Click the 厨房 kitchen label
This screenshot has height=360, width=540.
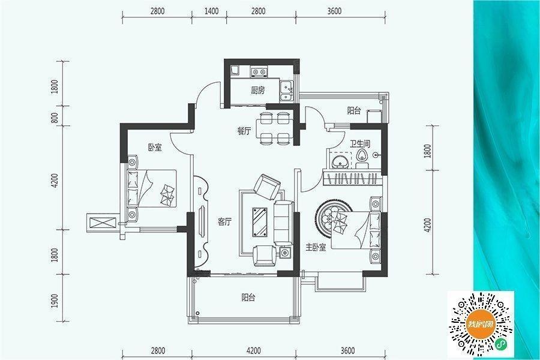(x=257, y=91)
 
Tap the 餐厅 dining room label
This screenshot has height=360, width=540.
(x=244, y=131)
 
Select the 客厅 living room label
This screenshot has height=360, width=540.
(x=224, y=222)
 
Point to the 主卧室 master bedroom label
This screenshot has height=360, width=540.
(x=316, y=247)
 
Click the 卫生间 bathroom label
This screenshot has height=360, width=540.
(x=360, y=143)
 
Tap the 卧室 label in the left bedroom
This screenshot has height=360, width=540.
(x=155, y=148)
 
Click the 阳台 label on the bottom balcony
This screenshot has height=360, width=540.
(x=248, y=298)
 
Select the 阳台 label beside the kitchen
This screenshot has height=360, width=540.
(x=354, y=110)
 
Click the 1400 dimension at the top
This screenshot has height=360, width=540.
(x=211, y=11)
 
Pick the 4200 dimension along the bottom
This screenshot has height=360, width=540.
(x=253, y=350)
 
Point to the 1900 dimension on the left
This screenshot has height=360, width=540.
(x=55, y=301)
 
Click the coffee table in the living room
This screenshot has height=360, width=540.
(x=259, y=222)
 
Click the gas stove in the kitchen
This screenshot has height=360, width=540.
(x=259, y=71)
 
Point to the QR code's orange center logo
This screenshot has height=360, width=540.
(x=480, y=324)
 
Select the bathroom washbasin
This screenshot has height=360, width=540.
(x=340, y=161)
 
